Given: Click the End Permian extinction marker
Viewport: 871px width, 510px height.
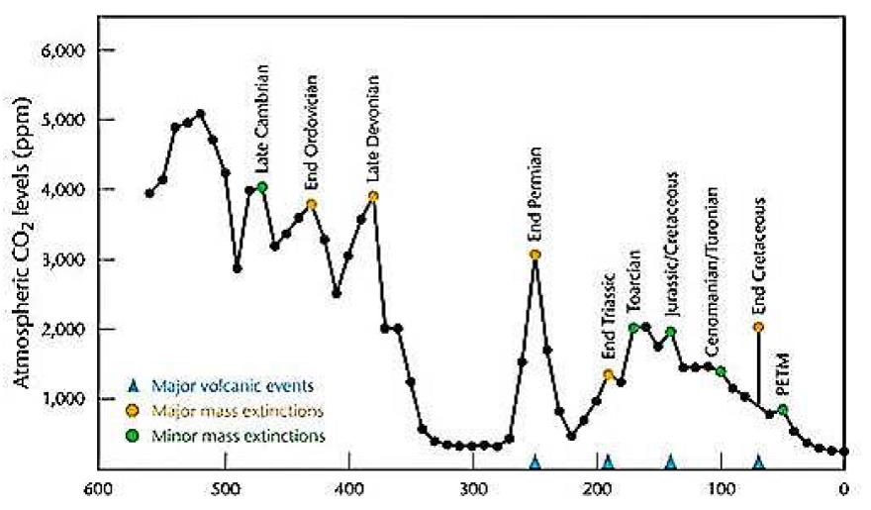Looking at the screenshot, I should click(534, 255).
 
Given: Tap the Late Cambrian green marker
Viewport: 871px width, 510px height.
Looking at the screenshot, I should click(262, 186).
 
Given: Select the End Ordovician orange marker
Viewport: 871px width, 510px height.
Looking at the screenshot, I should click(312, 204).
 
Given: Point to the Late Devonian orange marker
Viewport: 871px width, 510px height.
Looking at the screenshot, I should click(373, 196).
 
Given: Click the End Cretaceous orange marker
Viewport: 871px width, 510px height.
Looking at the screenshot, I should click(758, 327).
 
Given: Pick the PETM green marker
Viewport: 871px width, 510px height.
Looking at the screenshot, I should click(783, 409).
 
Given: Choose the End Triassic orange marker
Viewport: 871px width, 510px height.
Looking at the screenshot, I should click(609, 374).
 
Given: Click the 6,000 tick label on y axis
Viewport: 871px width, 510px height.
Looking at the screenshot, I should click(67, 50).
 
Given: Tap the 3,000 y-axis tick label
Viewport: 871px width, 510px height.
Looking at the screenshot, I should click(67, 259).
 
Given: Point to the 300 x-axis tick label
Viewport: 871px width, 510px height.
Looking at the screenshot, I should click(473, 488).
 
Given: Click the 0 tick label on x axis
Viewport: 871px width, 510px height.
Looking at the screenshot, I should click(843, 488).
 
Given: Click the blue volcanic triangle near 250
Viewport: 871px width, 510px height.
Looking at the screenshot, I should click(534, 461).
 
